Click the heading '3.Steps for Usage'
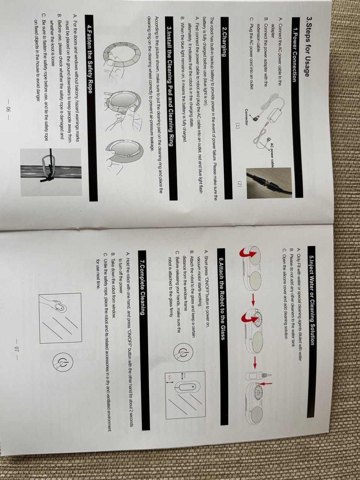tap(307, 47)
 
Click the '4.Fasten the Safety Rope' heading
tap(89, 59)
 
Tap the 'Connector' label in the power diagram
tap(246, 117)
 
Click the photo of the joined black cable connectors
tap(269, 183)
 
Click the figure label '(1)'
tap(238, 126)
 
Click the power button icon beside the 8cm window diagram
tap(183, 352)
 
